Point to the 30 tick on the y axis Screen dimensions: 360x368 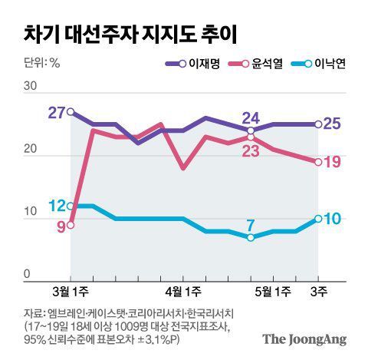coord(30,87)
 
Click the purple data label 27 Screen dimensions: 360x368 coord(56,113)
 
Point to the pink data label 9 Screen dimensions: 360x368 coord(60,226)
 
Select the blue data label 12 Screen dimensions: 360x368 coord(56,206)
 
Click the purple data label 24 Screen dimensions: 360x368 coord(251,117)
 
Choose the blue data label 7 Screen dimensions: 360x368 coord(250,224)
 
